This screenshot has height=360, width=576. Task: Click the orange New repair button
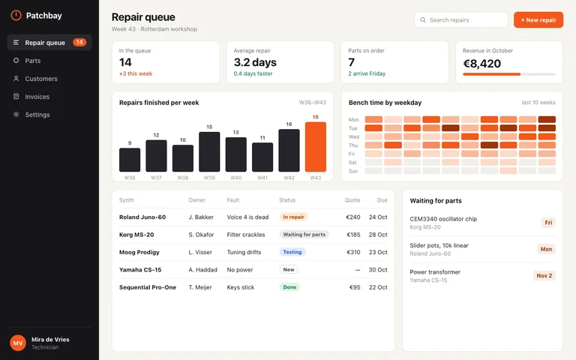coord(538,19)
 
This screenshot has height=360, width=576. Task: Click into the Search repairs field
coord(461,19)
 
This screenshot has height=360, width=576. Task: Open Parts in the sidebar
coord(33,61)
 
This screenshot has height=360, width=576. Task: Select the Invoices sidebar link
coord(37,97)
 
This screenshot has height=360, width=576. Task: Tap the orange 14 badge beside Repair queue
coord(79,42)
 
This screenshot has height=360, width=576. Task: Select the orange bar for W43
coord(316,147)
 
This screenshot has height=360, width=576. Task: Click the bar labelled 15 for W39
coord(209,151)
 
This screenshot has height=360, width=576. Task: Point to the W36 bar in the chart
coord(130,160)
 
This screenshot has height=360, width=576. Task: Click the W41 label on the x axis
coord(262,178)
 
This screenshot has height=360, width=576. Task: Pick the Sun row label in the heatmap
coord(353,171)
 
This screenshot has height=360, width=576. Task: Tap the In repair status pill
coord(293,217)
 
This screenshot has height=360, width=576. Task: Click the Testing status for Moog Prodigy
coord(292,252)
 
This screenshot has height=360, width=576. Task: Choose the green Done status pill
coord(289,287)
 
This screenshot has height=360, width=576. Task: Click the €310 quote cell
coord(353,252)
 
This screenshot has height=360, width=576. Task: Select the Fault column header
coord(233,200)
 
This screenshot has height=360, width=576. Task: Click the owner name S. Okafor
coord(201,235)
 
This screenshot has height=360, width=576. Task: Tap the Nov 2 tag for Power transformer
coord(544,275)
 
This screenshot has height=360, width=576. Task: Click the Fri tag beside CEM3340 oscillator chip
coord(548,223)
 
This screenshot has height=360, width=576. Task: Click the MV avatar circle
coord(18,343)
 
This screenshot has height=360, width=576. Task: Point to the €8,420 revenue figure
coord(481,64)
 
